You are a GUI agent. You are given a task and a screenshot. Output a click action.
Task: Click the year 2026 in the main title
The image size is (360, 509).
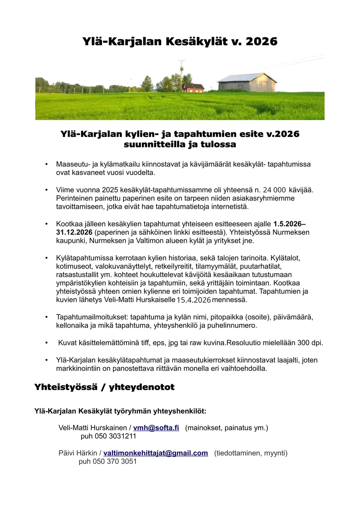261,41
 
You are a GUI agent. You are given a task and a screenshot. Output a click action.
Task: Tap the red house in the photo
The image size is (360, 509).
193,88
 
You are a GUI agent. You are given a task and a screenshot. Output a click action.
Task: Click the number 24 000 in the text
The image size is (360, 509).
274,190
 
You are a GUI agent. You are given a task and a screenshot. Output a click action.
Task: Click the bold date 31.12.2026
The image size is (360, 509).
74,232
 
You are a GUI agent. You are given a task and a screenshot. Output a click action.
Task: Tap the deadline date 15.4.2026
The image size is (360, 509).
194,300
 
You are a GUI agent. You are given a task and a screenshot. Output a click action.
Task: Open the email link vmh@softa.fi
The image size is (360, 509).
156,428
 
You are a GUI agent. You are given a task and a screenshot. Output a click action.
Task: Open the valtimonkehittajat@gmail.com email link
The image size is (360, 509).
155,453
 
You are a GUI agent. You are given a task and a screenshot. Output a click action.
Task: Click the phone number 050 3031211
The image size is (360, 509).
115,436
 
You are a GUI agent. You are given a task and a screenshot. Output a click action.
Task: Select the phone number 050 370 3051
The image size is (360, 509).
115,461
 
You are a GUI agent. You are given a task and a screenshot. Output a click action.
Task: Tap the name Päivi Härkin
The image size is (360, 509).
78,453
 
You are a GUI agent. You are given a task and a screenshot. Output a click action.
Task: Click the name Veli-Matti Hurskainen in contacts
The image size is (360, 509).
92,428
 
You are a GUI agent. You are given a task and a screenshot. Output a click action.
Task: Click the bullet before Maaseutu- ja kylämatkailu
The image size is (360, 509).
46,164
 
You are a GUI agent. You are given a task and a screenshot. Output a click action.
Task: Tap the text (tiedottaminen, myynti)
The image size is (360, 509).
251,453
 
